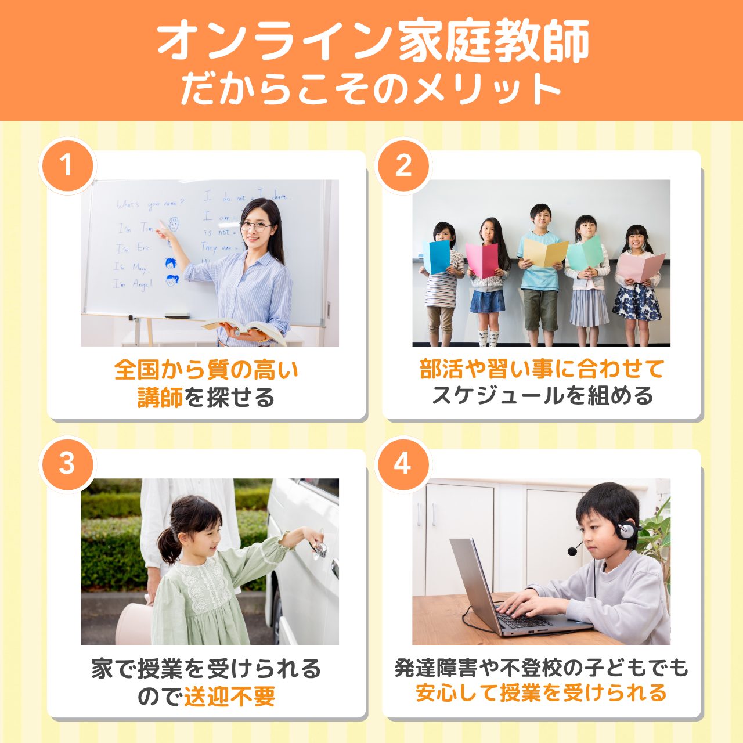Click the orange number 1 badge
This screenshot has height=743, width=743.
(67, 165)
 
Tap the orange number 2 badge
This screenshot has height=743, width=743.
(403, 165)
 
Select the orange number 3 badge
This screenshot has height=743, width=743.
(67, 464)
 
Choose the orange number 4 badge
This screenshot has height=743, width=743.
(403, 464)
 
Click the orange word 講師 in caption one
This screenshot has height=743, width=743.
(160, 398)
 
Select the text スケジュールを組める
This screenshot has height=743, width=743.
(542, 396)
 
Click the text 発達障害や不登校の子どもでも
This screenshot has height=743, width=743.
(541, 668)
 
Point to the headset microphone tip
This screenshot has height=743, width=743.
(572, 551)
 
